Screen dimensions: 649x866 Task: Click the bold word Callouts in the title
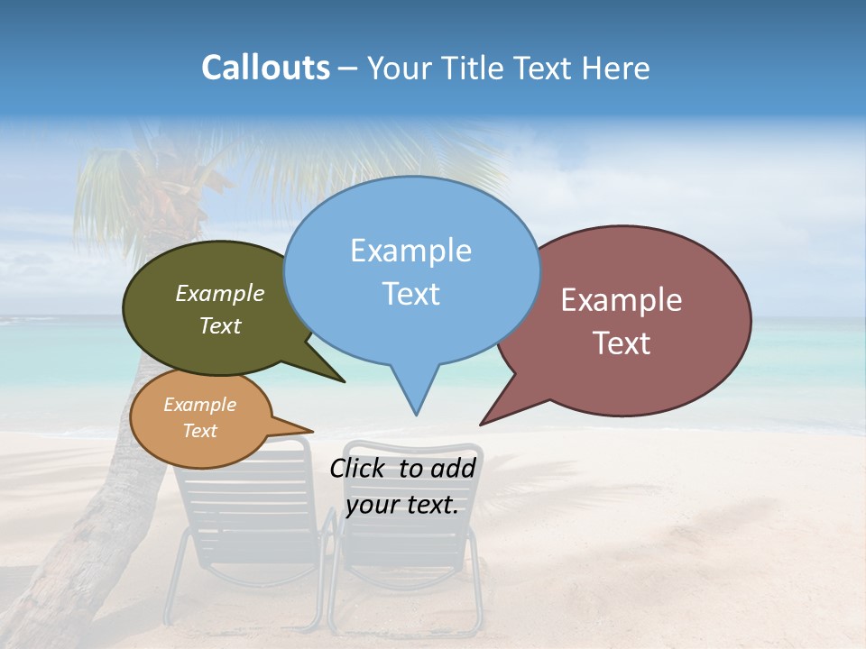click(265, 68)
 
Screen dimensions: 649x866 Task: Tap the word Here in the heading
click(617, 68)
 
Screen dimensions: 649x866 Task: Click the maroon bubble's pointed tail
click(487, 419)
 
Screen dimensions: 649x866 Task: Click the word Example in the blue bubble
click(410, 251)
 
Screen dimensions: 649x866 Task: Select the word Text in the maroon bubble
click(622, 343)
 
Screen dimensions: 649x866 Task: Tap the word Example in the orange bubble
click(200, 405)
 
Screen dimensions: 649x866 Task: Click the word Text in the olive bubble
click(220, 325)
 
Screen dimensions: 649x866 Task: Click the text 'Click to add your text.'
click(402, 486)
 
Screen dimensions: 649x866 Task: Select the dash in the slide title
click(349, 68)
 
